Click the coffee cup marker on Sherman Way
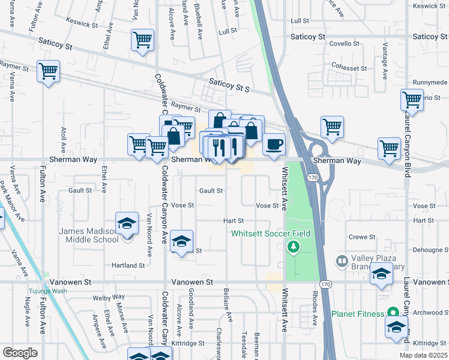point(274,145)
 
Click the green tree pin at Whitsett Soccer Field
point(294,246)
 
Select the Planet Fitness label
point(359,313)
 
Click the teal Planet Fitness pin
point(393,313)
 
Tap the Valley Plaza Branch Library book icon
point(342,261)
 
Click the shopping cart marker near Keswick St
point(142,41)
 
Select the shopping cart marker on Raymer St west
point(47,71)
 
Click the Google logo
point(20,352)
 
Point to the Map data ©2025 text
point(423,355)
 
